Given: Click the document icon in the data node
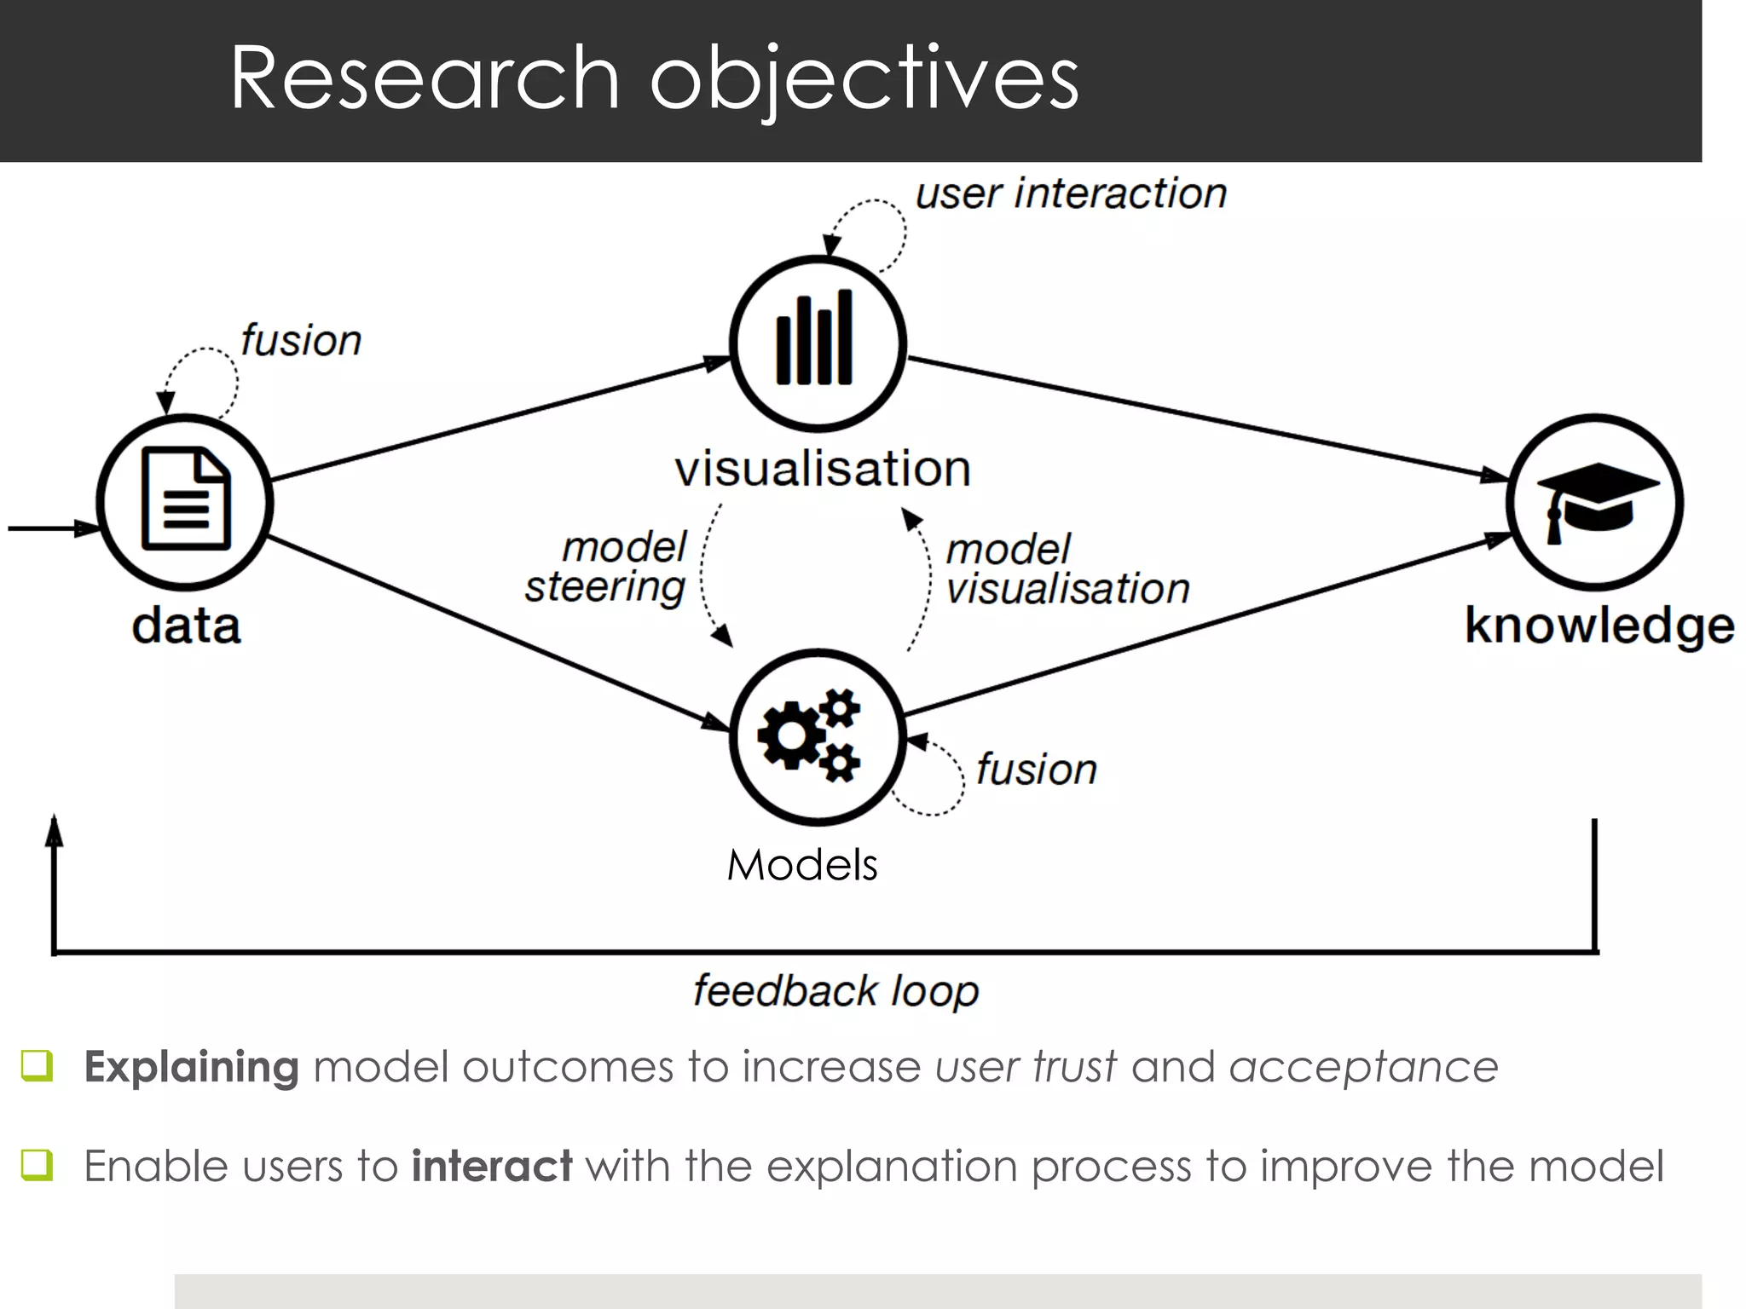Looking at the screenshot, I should [x=186, y=499].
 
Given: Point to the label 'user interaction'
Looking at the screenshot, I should [x=1071, y=194].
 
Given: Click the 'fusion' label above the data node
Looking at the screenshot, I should [x=300, y=341].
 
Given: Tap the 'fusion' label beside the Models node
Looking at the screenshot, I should [x=1036, y=770].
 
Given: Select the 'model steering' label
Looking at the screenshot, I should [x=607, y=567].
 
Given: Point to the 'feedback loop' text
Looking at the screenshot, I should [x=835, y=992].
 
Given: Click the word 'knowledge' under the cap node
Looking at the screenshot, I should [x=1599, y=626].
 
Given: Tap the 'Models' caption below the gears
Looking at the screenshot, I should [x=801, y=865].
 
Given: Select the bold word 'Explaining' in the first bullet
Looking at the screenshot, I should [x=191, y=1067].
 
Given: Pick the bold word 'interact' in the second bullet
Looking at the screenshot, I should [x=491, y=1166].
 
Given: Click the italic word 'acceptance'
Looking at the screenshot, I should [x=1363, y=1067].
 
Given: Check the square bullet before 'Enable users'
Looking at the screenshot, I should [x=38, y=1164].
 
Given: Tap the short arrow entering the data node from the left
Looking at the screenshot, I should [x=51, y=528].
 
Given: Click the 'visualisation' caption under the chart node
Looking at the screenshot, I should [x=823, y=469].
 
